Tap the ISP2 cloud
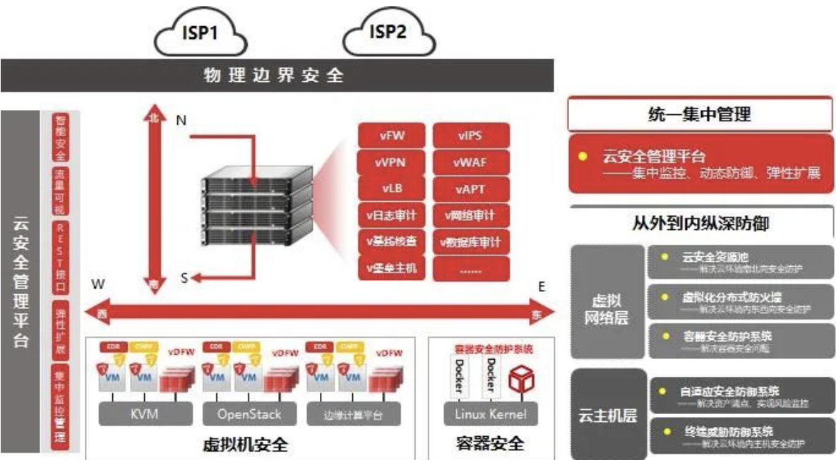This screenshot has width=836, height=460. (x=388, y=33)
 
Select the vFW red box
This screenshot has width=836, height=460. (x=391, y=135)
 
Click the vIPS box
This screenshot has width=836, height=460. (x=470, y=135)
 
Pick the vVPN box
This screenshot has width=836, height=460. (x=391, y=162)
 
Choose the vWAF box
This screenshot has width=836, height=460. (x=470, y=162)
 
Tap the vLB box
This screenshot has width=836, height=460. (x=391, y=189)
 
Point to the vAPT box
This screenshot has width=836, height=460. (x=470, y=189)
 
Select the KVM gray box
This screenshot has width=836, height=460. (x=144, y=414)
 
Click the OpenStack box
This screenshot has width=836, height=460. (x=249, y=414)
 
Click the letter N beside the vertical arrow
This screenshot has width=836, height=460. (x=181, y=121)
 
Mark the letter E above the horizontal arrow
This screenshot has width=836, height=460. (x=542, y=286)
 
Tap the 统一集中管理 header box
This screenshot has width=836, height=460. (x=700, y=114)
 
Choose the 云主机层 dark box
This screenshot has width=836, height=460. (x=608, y=414)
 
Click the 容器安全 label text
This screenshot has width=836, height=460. (x=489, y=444)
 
